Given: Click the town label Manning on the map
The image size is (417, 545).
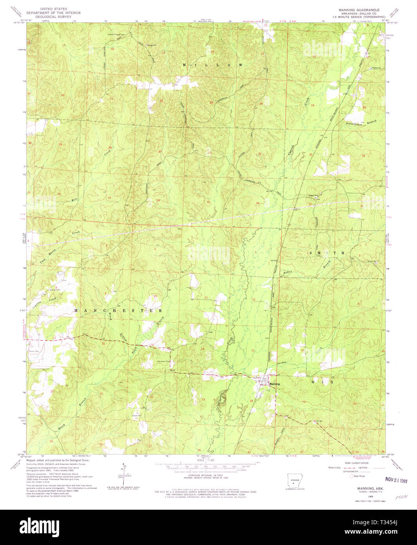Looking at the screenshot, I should (275, 384).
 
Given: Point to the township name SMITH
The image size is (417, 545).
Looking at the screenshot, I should (328, 253).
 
